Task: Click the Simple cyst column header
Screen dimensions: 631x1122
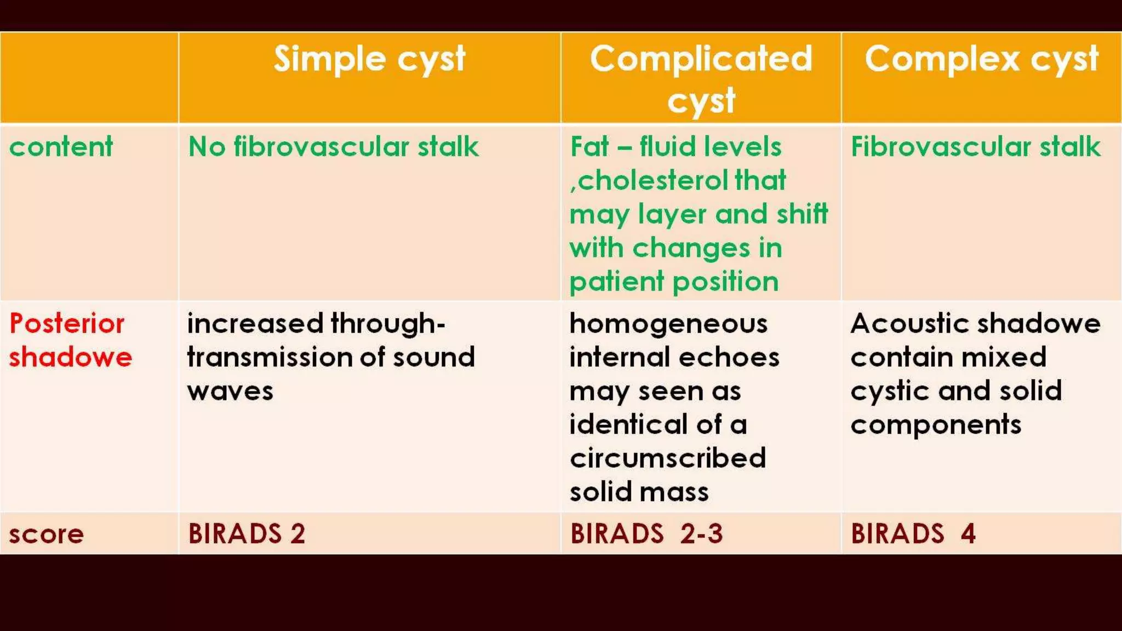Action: (369, 59)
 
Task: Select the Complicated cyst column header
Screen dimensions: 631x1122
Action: (701, 79)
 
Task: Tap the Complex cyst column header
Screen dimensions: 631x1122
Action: (981, 59)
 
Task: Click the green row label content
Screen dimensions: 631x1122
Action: (61, 147)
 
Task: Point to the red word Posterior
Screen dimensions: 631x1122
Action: (67, 323)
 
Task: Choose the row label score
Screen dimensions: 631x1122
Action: (47, 534)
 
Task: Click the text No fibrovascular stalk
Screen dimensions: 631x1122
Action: (333, 147)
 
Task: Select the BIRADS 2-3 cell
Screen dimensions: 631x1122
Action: (646, 534)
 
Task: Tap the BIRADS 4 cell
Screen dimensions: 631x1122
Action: (913, 534)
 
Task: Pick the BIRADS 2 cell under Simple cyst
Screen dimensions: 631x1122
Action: (247, 534)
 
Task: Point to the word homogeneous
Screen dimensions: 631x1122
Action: (668, 323)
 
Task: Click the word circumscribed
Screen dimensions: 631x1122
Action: (667, 458)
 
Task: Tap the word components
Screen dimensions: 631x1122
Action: (936, 425)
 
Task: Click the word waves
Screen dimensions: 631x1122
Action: (230, 391)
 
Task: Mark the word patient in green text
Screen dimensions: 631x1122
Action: (616, 282)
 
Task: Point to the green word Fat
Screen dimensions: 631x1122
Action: (589, 147)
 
